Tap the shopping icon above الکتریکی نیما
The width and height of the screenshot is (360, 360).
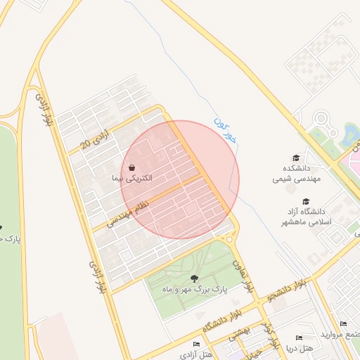(131, 167)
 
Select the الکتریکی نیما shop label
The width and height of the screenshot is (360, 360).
(131, 179)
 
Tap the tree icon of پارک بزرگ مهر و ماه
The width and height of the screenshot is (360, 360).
(195, 278)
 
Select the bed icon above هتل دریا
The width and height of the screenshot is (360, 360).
(299, 337)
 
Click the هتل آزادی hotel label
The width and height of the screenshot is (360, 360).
(196, 354)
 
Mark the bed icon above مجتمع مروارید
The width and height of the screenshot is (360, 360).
(342, 323)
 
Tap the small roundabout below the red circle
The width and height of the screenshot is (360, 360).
(229, 238)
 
